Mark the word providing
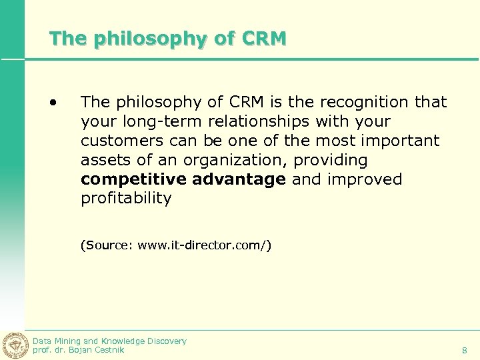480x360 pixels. point(330,160)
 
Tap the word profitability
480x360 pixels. point(126,199)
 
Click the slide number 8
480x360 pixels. point(465,350)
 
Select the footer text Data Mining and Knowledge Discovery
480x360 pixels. point(110,341)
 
